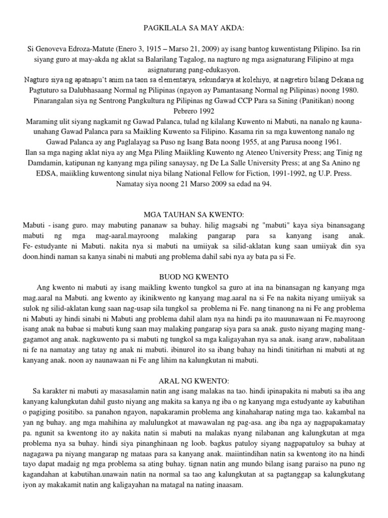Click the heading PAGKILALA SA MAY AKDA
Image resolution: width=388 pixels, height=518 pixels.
click(194, 30)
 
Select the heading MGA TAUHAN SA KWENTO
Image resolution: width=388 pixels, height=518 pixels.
click(194, 214)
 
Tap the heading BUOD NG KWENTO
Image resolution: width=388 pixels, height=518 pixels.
click(194, 277)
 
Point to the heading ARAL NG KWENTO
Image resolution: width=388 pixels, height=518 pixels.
click(194, 379)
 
